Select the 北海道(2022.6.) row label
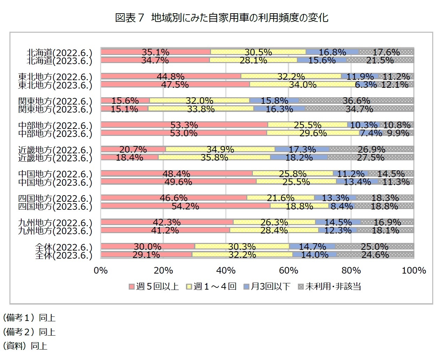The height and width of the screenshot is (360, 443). (x=59, y=53)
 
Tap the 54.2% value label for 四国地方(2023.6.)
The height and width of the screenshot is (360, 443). (x=185, y=206)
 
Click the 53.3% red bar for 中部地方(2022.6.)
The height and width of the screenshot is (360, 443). (x=184, y=125)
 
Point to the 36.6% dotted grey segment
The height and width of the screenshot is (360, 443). (x=356, y=101)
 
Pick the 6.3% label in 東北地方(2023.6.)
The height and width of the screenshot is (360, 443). (x=366, y=85)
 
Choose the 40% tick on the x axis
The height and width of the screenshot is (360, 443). (x=226, y=270)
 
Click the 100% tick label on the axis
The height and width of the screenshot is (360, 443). (x=414, y=270)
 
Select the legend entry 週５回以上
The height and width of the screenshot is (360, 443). (x=154, y=286)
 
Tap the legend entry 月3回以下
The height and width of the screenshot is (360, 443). (x=267, y=286)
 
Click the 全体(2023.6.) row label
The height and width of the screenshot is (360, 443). (x=63, y=255)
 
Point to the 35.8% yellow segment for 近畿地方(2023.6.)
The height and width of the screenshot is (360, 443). (x=214, y=157)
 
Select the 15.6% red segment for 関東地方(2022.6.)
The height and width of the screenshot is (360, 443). (x=125, y=101)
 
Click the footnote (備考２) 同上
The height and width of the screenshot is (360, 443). (x=29, y=332)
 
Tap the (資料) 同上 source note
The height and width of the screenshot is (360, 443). (x=25, y=346)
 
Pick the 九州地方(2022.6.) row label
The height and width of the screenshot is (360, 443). (x=55, y=223)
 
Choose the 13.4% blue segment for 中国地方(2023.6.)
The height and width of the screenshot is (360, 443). (x=357, y=182)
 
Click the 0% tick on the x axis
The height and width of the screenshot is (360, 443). (x=101, y=270)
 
